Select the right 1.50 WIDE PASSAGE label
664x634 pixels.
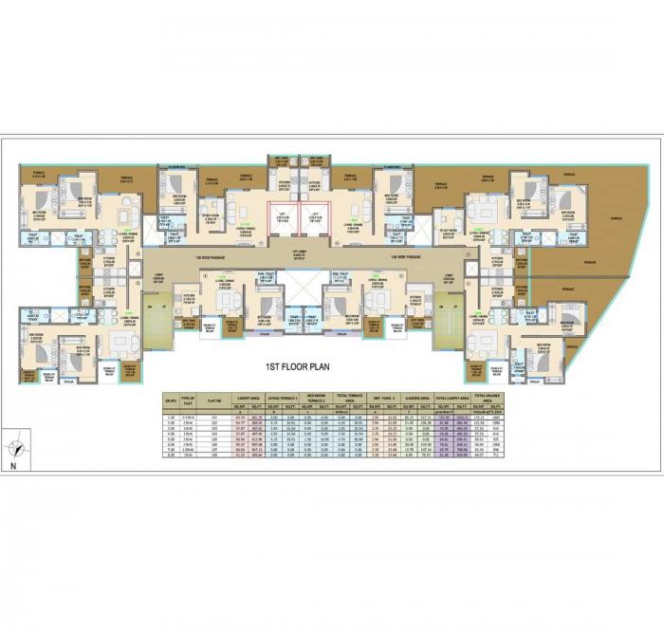pos(397,257)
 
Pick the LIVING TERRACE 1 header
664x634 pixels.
pos(282,396)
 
